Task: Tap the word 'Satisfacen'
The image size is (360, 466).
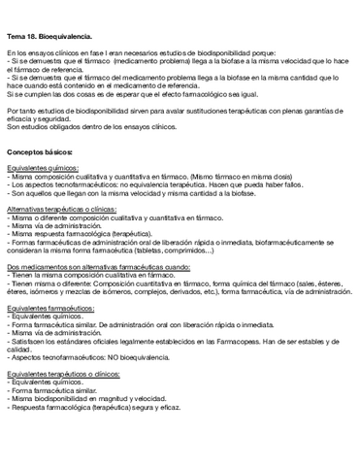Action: pos(31,341)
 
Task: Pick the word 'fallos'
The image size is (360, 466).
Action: pos(261,184)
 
